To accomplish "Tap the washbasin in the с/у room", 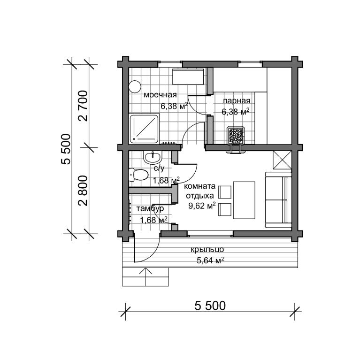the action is click(x=153, y=157).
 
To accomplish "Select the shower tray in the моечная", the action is click(x=144, y=129).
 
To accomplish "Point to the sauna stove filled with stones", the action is click(x=235, y=136).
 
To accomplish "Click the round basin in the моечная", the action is click(x=135, y=86).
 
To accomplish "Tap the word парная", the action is click(x=237, y=100).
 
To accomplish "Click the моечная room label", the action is click(x=160, y=95).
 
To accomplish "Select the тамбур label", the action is click(x=150, y=208).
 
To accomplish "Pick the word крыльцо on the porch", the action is click(x=207, y=250).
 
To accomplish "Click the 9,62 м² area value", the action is click(x=202, y=206).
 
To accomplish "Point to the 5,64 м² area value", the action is click(x=211, y=260).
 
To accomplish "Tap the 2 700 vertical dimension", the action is click(x=83, y=106).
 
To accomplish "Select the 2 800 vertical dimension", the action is click(x=83, y=191).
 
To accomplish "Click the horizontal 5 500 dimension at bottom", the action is click(x=210, y=306).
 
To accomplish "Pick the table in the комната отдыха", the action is click(x=244, y=200).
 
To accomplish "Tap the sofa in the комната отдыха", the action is click(x=278, y=200).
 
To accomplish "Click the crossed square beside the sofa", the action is click(x=282, y=160).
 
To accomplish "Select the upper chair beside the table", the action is click(x=225, y=192).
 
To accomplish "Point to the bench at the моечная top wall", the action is click(x=188, y=77).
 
